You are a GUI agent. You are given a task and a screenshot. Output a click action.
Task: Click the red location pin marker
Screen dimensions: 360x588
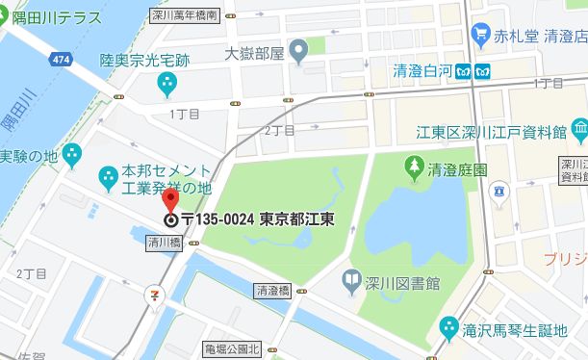[x=170, y=200]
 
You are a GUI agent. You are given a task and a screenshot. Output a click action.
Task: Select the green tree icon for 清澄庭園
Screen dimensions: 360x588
[x=413, y=168]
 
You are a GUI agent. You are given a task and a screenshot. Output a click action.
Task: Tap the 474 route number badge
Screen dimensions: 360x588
[x=63, y=60]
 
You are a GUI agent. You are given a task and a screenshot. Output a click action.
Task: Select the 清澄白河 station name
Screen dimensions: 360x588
[x=422, y=70]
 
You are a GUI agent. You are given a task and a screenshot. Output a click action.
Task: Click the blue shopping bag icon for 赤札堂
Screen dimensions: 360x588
[x=480, y=36]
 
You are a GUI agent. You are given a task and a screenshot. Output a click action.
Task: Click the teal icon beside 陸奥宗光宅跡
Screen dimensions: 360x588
[x=167, y=84]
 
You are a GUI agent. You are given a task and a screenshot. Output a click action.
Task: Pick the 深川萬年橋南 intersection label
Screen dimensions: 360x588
[x=185, y=15]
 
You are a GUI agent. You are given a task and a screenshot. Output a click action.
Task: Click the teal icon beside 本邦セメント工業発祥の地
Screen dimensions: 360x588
[x=107, y=176]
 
